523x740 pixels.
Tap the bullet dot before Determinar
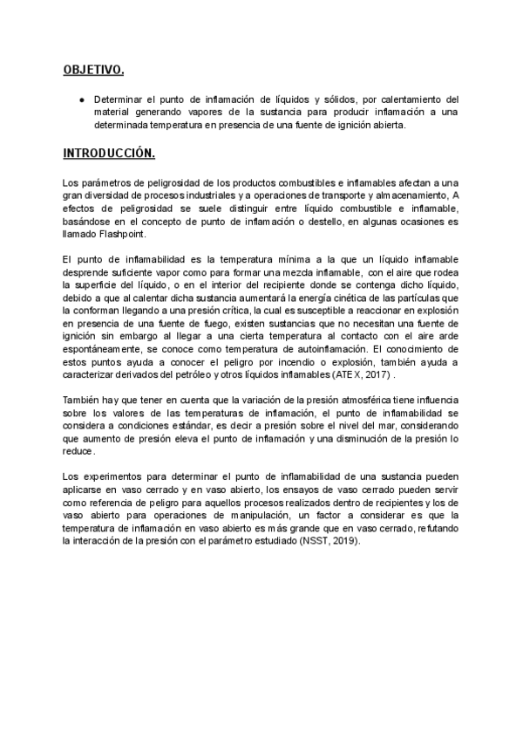(81, 99)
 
